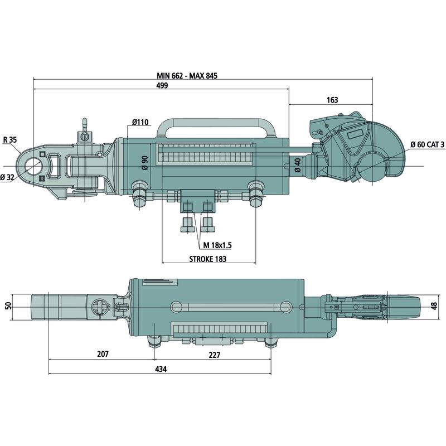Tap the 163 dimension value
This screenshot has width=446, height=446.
(332, 100)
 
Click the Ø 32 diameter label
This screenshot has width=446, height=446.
(8, 177)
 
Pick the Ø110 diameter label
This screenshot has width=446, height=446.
(140, 122)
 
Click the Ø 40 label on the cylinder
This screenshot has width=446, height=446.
(298, 165)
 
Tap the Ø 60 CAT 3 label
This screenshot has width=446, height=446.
(427, 144)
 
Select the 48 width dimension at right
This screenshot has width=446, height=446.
(434, 306)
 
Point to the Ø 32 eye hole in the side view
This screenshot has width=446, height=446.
(34, 166)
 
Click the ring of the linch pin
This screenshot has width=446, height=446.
(85, 122)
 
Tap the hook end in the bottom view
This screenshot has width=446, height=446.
(401, 306)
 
